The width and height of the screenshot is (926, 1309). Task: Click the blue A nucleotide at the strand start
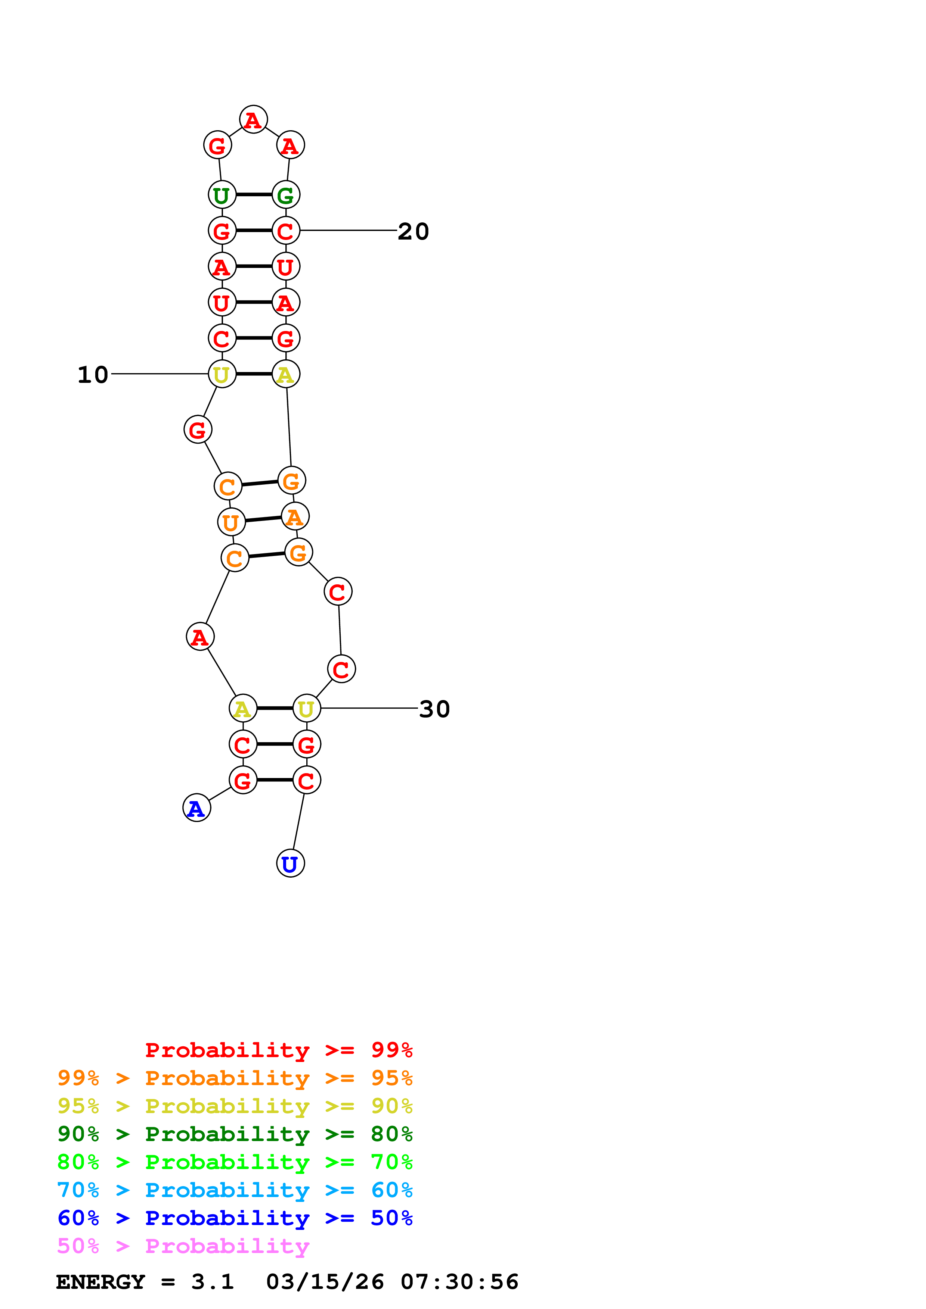[196, 808]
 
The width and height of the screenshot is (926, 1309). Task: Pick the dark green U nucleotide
[222, 195]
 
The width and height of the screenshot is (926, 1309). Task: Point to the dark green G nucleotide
[285, 195]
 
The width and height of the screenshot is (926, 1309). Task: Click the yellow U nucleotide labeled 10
[222, 374]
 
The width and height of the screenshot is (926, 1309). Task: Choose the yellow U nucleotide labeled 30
[306, 709]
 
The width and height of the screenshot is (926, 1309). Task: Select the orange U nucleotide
[231, 522]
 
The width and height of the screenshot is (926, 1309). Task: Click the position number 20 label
[413, 231]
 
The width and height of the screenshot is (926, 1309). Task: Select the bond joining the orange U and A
[263, 519]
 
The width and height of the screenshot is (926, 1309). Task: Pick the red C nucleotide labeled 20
[285, 231]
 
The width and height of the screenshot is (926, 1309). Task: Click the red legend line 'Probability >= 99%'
[278, 1050]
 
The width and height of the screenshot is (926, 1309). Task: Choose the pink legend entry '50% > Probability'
[183, 1246]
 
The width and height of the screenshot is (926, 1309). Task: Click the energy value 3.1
[212, 1282]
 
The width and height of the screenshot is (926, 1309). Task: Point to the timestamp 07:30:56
[459, 1282]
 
